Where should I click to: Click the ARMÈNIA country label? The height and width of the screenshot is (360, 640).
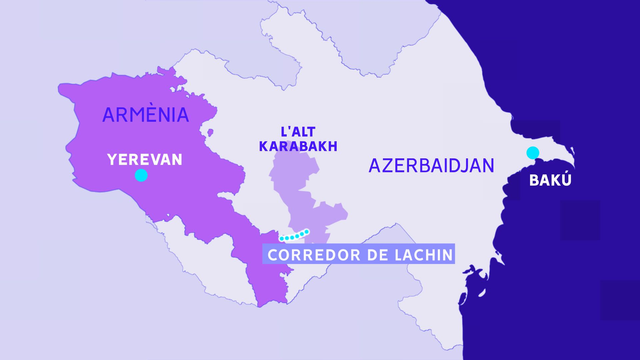click(x=146, y=115)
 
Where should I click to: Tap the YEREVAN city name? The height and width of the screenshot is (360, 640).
click(x=145, y=160)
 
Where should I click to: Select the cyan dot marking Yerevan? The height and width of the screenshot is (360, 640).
click(x=141, y=175)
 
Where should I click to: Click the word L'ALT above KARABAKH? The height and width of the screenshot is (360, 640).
click(x=298, y=132)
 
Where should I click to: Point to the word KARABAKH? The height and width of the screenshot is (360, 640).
click(x=298, y=146)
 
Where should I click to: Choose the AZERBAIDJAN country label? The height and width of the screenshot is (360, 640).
click(x=431, y=166)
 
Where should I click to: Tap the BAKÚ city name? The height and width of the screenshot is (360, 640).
click(x=550, y=180)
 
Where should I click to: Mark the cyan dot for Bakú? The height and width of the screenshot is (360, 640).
click(x=532, y=152)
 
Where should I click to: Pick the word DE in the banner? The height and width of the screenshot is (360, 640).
click(x=377, y=255)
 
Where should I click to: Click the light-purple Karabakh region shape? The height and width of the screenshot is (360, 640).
click(x=298, y=188)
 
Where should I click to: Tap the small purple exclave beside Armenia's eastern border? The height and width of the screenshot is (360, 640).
click(x=210, y=132)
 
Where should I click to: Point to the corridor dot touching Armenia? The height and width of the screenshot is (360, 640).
click(x=282, y=238)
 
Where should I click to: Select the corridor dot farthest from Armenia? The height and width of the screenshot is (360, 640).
click(x=307, y=232)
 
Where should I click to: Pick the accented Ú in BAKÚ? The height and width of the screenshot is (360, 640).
click(x=566, y=180)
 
